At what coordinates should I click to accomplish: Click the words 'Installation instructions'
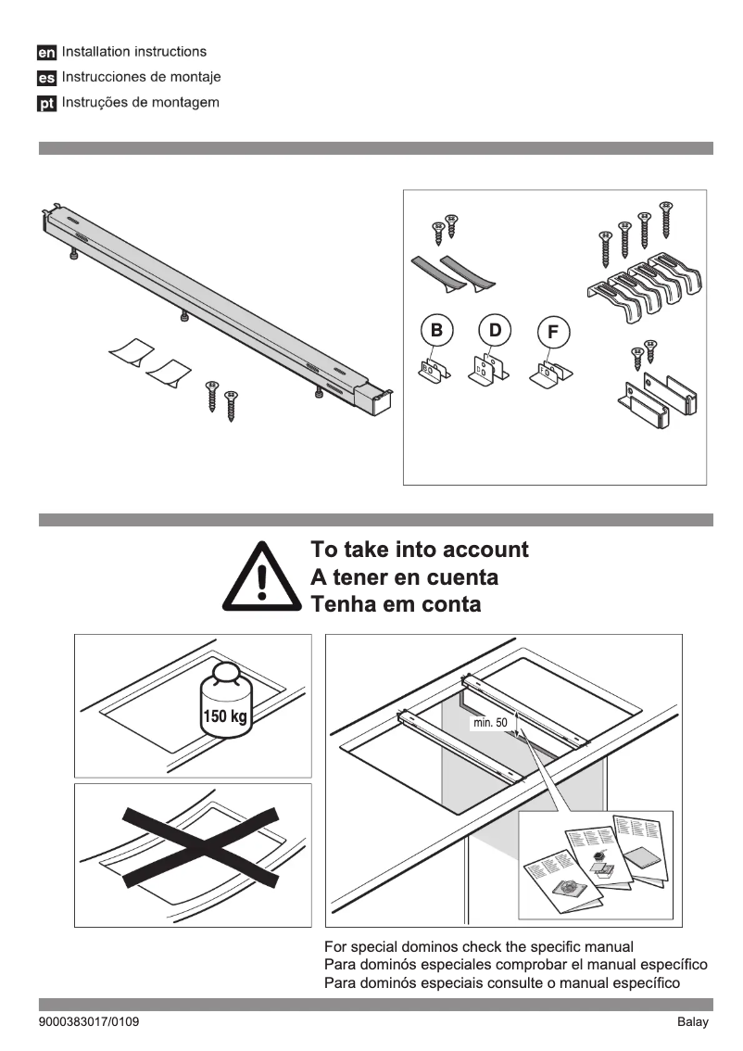tap(134, 52)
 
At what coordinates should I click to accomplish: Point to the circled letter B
tap(435, 329)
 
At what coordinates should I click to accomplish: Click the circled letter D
tap(495, 329)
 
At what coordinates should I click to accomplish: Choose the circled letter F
tap(553, 333)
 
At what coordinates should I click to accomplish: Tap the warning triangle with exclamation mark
tap(262, 576)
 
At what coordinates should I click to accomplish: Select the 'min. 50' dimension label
tap(490, 722)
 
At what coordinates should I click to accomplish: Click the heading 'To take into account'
tap(420, 550)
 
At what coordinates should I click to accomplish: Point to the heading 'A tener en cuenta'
tap(404, 577)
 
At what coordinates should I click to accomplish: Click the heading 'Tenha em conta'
tap(396, 605)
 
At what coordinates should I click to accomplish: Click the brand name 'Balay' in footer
tap(691, 1022)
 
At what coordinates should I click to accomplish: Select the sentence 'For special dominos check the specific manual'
tap(478, 947)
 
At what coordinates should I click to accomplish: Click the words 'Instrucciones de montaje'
tap(142, 77)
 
